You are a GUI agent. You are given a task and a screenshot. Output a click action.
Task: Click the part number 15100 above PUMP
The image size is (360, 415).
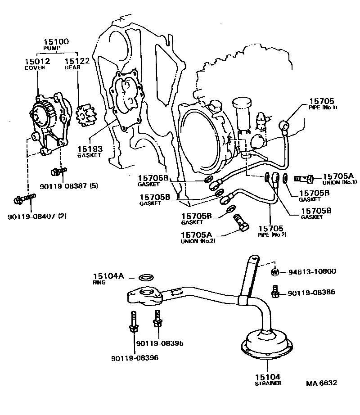coord(56,41)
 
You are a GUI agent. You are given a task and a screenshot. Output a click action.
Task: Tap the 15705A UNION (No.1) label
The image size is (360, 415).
coord(339,179)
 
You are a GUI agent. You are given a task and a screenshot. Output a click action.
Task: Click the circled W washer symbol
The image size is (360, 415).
coord(275,272)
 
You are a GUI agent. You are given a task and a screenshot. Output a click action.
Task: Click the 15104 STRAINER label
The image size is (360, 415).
coord(267,379)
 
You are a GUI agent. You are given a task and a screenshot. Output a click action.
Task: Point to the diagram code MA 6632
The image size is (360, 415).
coord(321,383)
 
